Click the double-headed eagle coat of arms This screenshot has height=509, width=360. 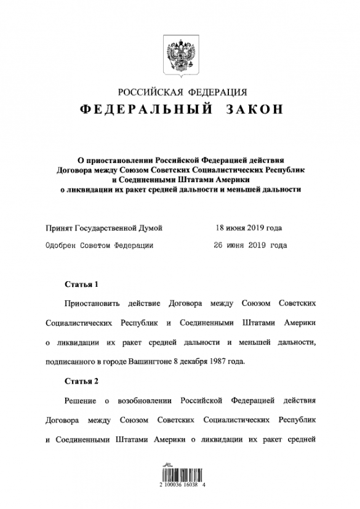(x=180, y=56)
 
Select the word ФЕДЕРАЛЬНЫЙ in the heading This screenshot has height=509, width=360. (x=139, y=111)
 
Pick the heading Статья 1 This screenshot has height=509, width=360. (x=81, y=284)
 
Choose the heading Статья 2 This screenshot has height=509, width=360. (x=81, y=380)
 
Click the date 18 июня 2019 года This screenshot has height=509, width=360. (x=249, y=228)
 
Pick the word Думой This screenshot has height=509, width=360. (x=151, y=228)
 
